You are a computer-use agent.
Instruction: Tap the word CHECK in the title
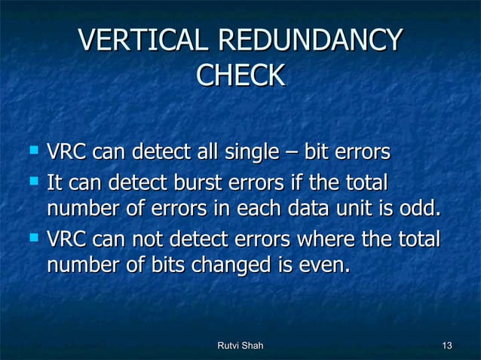240,75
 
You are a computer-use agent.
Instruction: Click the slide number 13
447,346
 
